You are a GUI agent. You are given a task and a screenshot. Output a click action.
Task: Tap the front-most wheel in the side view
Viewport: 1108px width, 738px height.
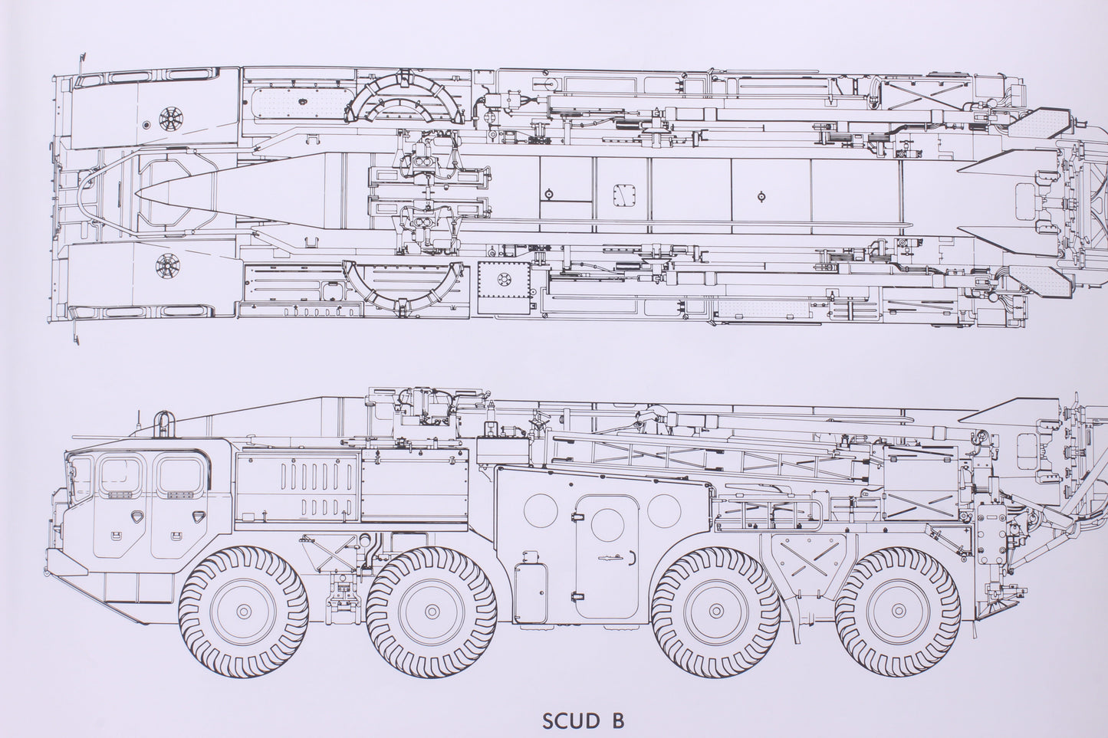coord(242,610)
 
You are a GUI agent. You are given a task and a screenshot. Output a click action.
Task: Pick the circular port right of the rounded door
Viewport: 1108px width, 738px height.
coord(664,510)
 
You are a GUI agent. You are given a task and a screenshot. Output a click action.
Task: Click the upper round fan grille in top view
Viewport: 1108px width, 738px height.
coord(167,118)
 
